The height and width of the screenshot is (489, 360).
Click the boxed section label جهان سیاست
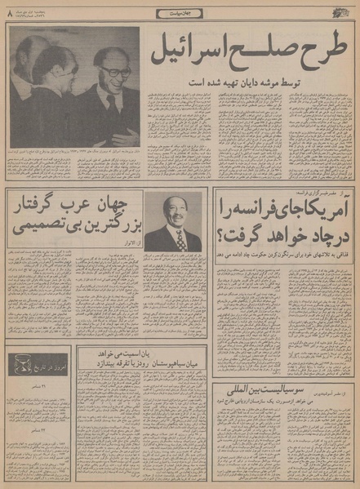coord(180,13)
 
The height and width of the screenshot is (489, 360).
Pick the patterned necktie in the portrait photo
coord(180,238)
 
